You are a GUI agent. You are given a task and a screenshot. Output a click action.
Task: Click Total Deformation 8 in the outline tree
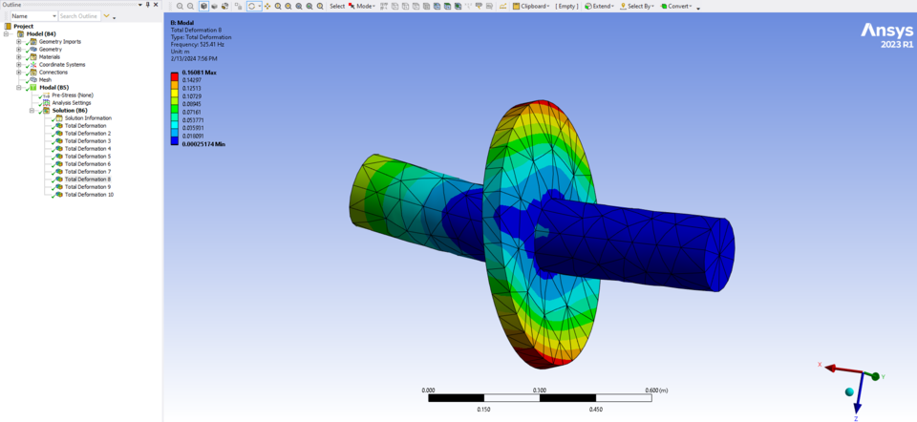point(87,179)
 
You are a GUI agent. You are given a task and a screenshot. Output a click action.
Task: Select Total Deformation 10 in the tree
point(89,195)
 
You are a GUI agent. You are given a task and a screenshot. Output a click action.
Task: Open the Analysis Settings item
point(72,103)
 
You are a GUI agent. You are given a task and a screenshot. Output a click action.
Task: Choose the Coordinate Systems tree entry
point(61,65)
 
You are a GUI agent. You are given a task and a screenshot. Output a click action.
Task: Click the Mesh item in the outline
point(45,80)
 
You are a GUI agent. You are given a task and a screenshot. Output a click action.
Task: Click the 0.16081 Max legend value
point(200,74)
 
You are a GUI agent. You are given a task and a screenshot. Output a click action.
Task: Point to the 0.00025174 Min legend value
point(203,144)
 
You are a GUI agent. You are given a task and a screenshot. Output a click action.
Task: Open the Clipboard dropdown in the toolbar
point(532,6)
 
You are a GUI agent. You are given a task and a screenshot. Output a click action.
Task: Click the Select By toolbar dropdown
point(638,6)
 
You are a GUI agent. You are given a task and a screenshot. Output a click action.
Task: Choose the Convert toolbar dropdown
point(677,6)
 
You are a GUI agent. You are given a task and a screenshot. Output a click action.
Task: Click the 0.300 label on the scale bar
point(539,390)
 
